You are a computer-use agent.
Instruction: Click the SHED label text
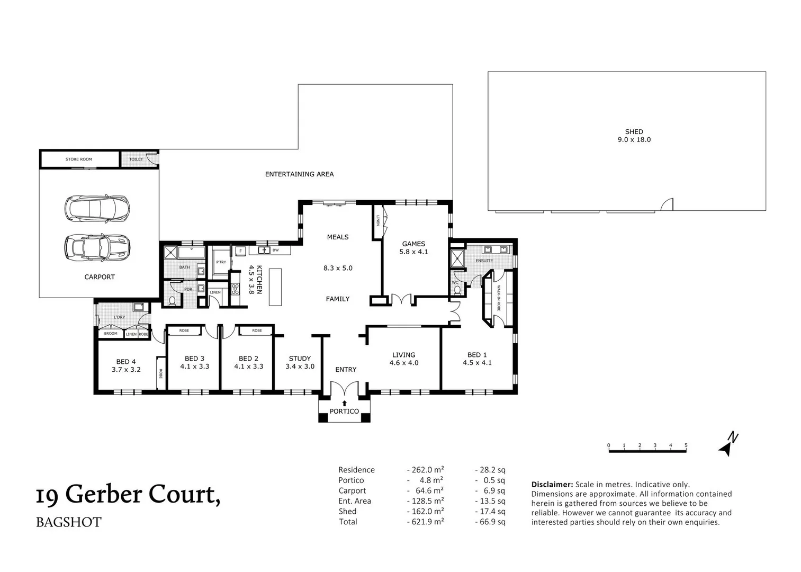[x=634, y=132]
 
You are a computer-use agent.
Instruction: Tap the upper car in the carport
[x=97, y=209]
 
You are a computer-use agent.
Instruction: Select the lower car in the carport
[x=97, y=246]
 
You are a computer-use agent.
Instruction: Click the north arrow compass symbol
[x=728, y=444]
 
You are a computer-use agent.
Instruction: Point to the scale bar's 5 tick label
[x=686, y=445]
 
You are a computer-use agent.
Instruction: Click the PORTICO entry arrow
[x=345, y=404]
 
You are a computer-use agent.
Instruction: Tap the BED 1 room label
[x=477, y=355]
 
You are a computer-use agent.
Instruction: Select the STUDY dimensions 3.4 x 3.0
[x=300, y=367]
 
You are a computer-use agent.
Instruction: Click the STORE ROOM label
[x=78, y=159]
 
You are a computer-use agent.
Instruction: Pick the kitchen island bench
[x=275, y=287]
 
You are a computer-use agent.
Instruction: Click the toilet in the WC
[x=457, y=290]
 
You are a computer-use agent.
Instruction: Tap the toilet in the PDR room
[x=172, y=301]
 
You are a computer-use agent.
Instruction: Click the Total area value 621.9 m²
[x=425, y=522]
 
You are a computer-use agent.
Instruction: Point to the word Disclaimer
[x=552, y=485]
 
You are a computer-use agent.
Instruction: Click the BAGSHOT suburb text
[x=68, y=522]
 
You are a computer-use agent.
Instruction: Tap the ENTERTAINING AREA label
[x=299, y=174]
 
